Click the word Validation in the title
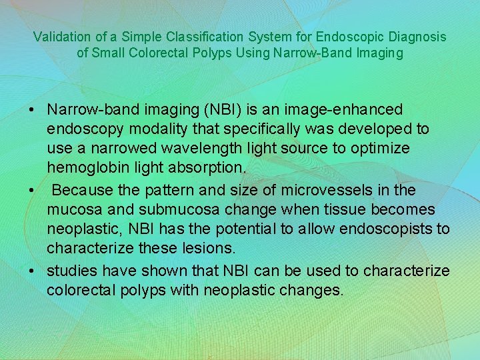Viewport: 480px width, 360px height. click(x=60, y=36)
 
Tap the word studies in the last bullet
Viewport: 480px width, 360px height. click(x=71, y=271)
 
